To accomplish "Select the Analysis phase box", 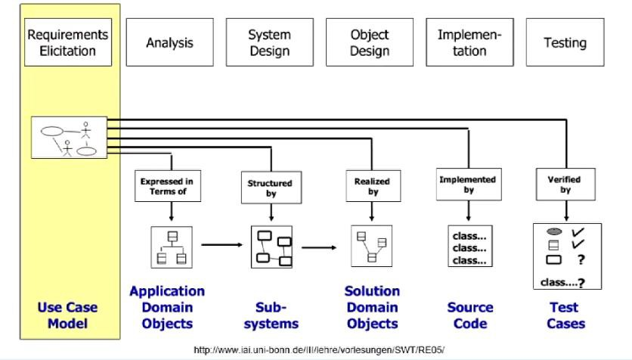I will pyautogui.click(x=169, y=43).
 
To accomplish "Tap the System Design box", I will pyautogui.click(x=270, y=43).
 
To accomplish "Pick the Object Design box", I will pyautogui.click(x=370, y=43).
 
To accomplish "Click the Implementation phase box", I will pyautogui.click(x=469, y=43).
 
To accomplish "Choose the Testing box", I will pyautogui.click(x=565, y=43).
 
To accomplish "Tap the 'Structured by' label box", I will pyautogui.click(x=270, y=188).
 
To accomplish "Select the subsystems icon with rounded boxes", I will pyautogui.click(x=271, y=247).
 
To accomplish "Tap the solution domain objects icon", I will pyautogui.click(x=372, y=247).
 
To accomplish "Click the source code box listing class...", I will pyautogui.click(x=469, y=247).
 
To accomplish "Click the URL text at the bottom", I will pyautogui.click(x=320, y=349).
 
